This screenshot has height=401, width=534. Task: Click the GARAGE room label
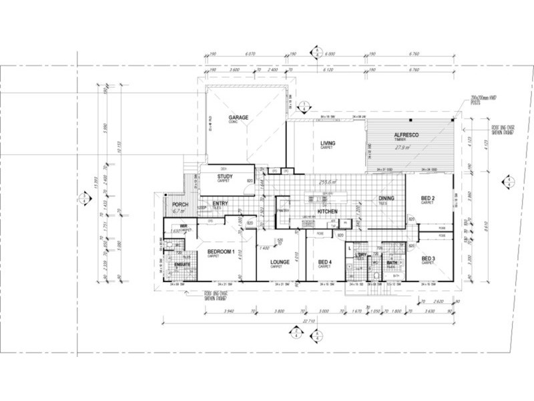[239, 118]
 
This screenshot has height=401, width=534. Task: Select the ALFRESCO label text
[406, 136]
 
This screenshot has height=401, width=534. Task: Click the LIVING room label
[327, 144]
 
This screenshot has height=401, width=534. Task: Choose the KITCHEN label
[327, 212]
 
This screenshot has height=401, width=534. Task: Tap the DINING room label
[386, 198]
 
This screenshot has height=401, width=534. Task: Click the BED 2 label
[428, 198]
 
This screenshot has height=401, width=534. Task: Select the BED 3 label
[428, 259]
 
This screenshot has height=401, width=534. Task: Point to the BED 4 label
[324, 261]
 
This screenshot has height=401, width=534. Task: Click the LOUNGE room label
[279, 262]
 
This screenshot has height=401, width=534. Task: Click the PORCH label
[178, 205]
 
